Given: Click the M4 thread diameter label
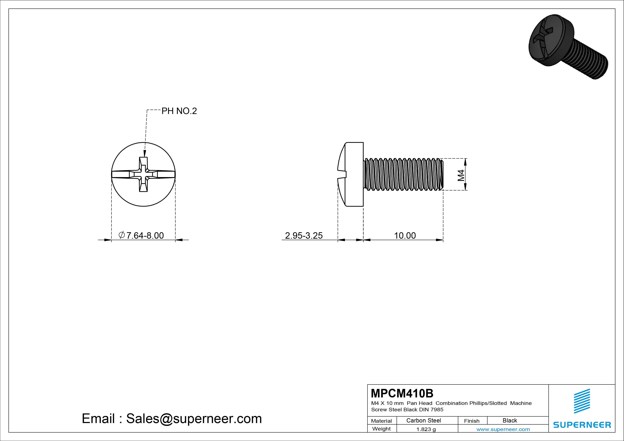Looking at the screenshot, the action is pos(461,175).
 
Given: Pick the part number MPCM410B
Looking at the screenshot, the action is pos(402,393).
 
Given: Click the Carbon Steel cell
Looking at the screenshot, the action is pos(423,420).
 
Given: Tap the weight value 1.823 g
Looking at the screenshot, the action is pos(426,429).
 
